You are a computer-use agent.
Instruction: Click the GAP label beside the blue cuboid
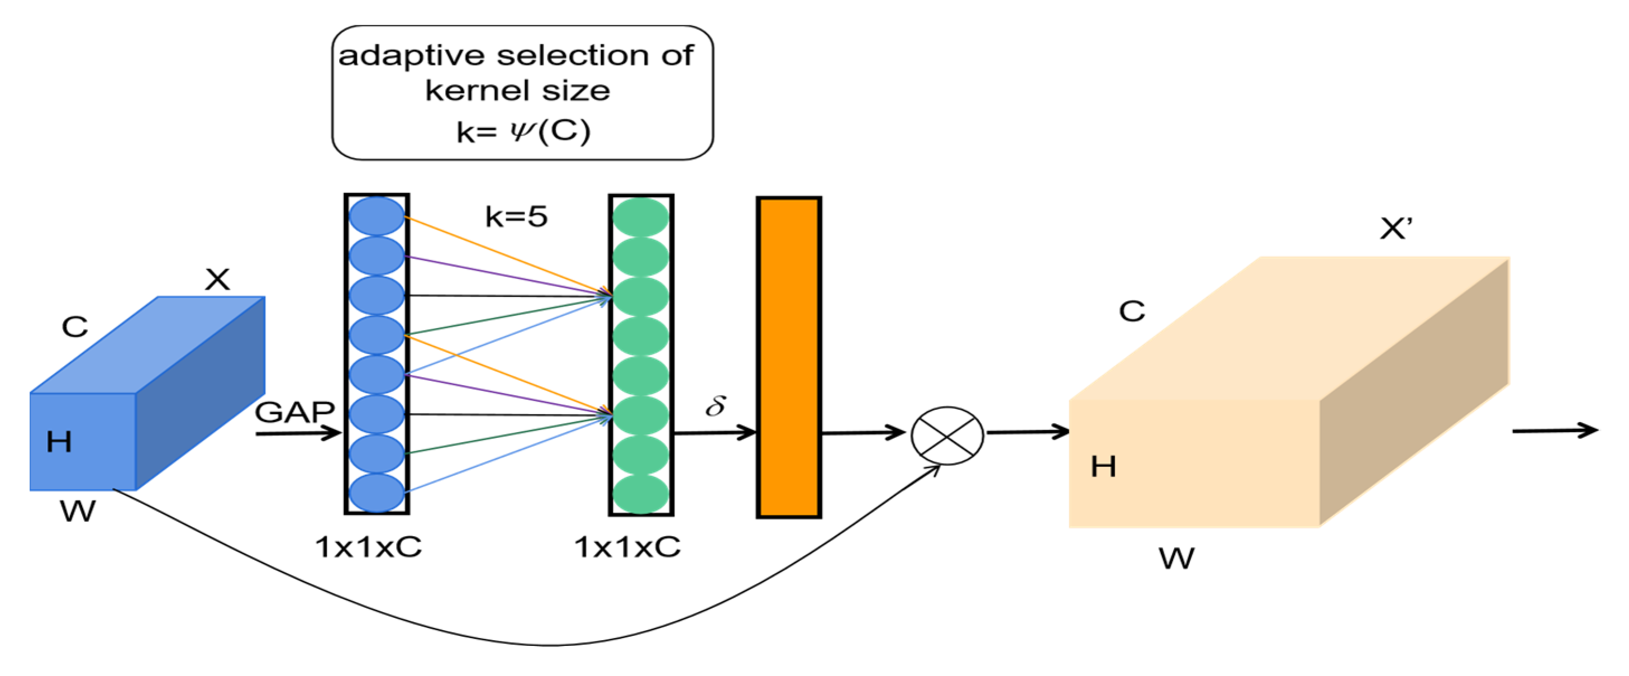pos(295,413)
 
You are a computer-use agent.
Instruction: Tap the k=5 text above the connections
pos(516,216)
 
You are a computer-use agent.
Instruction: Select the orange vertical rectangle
pos(789,358)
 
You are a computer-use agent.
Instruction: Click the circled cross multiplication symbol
pos(947,436)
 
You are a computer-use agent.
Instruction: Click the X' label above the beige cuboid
pos(1395,229)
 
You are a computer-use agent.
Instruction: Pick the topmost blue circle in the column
pos(377,216)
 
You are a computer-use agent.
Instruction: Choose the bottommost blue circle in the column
pos(377,493)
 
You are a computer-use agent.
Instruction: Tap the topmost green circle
pos(641,217)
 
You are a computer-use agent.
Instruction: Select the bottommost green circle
pos(641,494)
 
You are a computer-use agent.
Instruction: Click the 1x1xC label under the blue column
pos(369,547)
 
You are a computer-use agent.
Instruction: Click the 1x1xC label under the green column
pos(627,547)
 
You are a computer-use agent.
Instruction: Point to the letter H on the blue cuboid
pos(59,441)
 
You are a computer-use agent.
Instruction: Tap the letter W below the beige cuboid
pos(1176,558)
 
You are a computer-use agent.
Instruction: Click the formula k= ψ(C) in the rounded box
pos(523,131)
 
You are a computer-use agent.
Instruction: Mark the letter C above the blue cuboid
pos(75,327)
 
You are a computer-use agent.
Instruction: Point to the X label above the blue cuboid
pos(217,279)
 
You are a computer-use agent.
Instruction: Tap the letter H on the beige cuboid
pos(1103,466)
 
